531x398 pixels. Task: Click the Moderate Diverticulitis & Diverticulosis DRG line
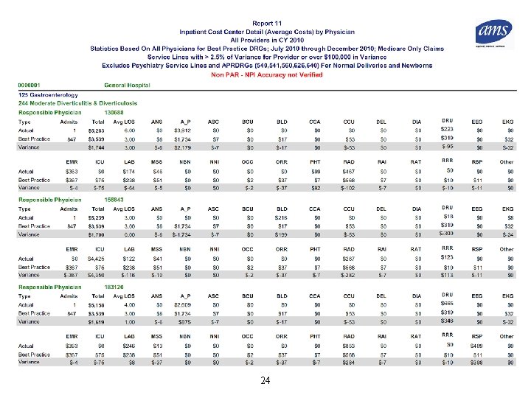click(69, 103)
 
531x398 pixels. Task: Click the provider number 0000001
click(30, 85)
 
